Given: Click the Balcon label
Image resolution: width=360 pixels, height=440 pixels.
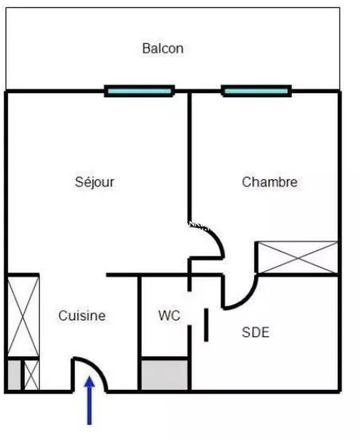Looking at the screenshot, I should pos(163,48).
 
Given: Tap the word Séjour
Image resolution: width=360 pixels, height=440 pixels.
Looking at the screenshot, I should pos(95,182).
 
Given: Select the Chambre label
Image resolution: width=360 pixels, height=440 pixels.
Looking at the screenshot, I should pos(269,182).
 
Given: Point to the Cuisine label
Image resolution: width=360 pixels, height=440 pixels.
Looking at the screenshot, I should pos(82,315).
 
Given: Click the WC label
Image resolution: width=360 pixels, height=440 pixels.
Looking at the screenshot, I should pos(169,315).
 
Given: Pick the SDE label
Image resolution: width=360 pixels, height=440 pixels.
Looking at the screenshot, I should pos(255,332).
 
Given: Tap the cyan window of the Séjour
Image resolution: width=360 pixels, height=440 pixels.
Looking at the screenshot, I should pos(139,92).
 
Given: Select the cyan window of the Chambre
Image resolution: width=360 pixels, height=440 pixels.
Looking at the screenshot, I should pos(256,92).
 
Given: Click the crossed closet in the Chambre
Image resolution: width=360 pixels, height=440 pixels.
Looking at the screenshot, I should pos(297,257).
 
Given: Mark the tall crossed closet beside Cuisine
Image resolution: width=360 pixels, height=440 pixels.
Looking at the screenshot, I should pos(23,316).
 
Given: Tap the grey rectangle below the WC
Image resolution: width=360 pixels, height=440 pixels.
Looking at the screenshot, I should pos(165,375).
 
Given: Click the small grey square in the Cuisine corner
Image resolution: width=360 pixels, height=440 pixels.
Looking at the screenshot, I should pos(15,375).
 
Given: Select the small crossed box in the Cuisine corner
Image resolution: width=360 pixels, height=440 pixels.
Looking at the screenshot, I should pos(31,375).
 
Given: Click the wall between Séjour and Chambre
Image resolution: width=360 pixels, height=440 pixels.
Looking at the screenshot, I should pos(189,154).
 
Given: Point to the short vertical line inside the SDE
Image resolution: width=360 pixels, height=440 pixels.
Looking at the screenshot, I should pos(206,325).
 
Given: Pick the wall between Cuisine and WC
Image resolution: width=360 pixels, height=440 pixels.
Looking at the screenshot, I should pos(139,332).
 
